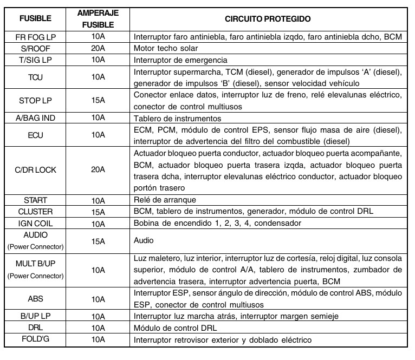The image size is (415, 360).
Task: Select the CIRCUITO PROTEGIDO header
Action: [268, 18]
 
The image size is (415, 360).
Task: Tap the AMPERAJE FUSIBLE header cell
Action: [98, 18]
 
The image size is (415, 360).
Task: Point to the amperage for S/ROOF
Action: [98, 48]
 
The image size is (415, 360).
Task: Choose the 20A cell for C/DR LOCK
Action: [98, 170]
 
